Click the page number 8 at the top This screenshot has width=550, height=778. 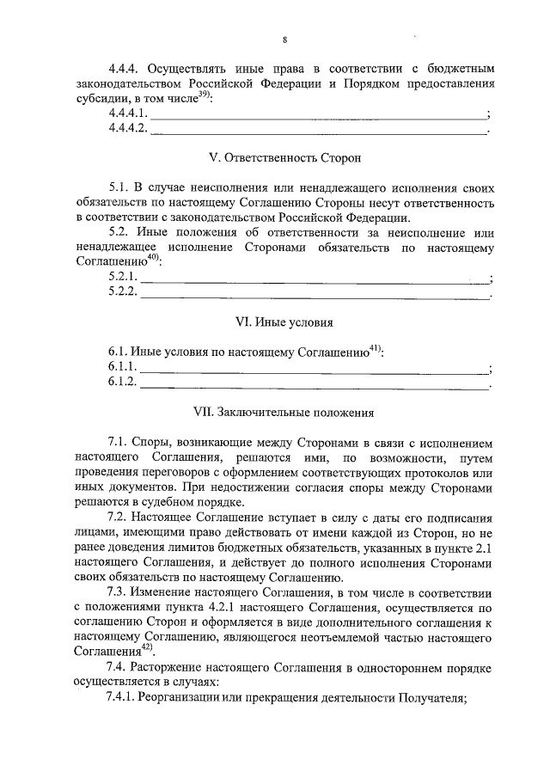point(284,39)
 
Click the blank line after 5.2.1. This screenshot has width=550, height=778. point(314,279)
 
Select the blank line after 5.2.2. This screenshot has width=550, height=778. point(314,294)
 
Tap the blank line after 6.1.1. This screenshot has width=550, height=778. point(314,368)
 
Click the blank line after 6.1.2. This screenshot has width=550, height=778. point(314,383)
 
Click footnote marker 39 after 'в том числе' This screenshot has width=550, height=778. point(204,95)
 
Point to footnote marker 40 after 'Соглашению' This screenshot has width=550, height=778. point(150,258)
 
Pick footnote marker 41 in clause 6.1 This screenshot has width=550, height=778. point(375,348)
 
